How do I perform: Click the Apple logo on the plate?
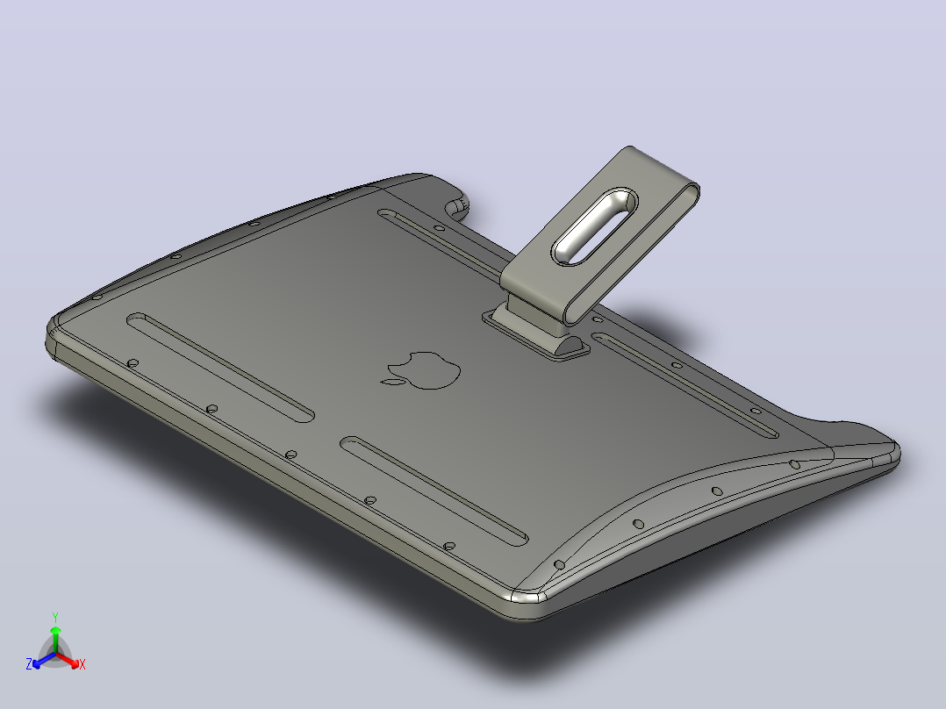(x=422, y=369)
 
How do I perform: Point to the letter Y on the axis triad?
(x=55, y=617)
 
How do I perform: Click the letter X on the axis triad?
(x=82, y=664)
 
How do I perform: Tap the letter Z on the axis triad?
(x=29, y=664)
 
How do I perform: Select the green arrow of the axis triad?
(x=55, y=640)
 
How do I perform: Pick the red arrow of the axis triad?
(x=68, y=660)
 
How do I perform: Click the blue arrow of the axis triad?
(x=44, y=660)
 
